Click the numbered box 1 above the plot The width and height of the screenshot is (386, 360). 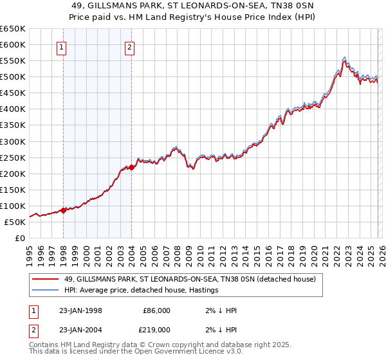pyautogui.click(x=62, y=46)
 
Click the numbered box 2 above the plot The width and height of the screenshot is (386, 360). pyautogui.click(x=130, y=46)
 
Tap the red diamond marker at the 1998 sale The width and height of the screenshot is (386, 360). pyautogui.click(x=64, y=210)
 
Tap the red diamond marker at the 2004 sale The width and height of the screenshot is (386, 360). pyautogui.click(x=131, y=167)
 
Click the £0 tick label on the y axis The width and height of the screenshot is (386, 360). pyautogui.click(x=19, y=238)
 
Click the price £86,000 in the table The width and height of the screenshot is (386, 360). pyautogui.click(x=156, y=310)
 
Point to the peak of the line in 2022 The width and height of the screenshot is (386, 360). pyautogui.click(x=345, y=58)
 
